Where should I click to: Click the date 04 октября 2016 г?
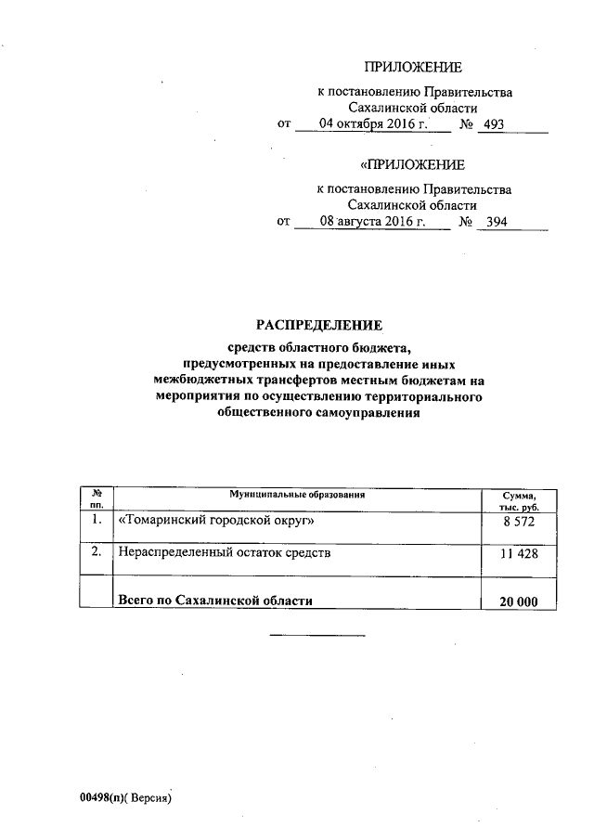(x=372, y=123)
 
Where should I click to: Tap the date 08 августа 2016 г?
(x=371, y=222)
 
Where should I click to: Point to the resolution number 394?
(x=498, y=223)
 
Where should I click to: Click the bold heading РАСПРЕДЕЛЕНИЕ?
(x=319, y=325)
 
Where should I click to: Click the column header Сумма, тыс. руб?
(x=519, y=501)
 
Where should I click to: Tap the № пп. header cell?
(x=96, y=501)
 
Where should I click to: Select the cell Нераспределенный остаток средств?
(x=225, y=553)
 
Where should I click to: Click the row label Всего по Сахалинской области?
(x=213, y=601)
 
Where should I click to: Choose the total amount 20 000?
(x=519, y=601)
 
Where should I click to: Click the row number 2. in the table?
(x=96, y=553)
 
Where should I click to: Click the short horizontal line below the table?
(x=317, y=635)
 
